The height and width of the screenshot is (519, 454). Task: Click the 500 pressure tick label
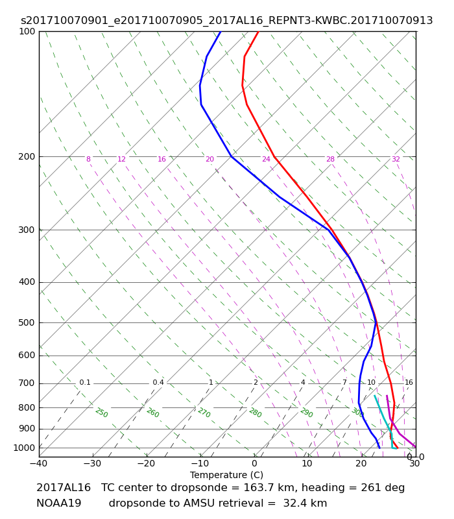pyautogui.click(x=27, y=322)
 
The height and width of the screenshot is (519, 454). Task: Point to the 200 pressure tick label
pyautogui.click(x=27, y=156)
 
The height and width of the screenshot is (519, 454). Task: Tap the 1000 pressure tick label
pyautogui.click(x=24, y=448)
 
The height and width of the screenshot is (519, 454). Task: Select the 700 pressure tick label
pyautogui.click(x=27, y=383)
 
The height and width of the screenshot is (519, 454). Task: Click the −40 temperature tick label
pyautogui.click(x=39, y=463)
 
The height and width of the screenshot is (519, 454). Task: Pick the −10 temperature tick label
pyautogui.click(x=200, y=463)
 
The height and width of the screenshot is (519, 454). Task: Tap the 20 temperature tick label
pyautogui.click(x=361, y=463)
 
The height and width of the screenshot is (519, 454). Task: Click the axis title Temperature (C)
pyautogui.click(x=226, y=475)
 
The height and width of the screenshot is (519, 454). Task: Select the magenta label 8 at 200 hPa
pyautogui.click(x=88, y=159)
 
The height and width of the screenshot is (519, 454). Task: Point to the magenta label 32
pyautogui.click(x=396, y=159)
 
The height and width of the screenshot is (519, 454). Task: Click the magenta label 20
pyautogui.click(x=209, y=159)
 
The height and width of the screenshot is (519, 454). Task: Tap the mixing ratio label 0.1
pyautogui.click(x=85, y=382)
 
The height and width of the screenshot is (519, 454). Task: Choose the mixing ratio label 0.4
pyautogui.click(x=158, y=382)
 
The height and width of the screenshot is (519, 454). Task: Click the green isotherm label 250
pyautogui.click(x=102, y=413)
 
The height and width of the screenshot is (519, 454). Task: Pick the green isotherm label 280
pyautogui.click(x=256, y=413)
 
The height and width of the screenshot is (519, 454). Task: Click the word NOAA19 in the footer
pyautogui.click(x=58, y=503)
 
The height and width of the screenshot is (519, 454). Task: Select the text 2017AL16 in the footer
pyautogui.click(x=63, y=488)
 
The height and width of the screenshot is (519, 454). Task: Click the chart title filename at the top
pyautogui.click(x=226, y=21)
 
